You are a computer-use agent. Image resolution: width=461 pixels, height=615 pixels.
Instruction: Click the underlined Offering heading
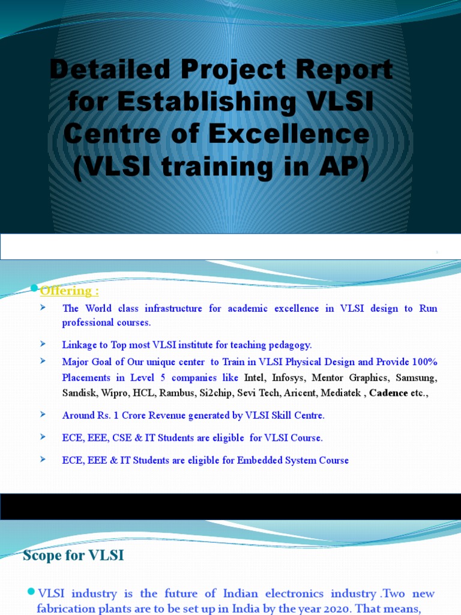(x=69, y=291)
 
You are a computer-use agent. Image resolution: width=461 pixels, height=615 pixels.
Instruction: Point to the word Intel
(x=253, y=378)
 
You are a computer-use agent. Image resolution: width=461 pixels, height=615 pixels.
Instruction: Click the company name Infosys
(x=288, y=378)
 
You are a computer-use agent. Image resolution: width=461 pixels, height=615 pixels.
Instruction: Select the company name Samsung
(x=416, y=378)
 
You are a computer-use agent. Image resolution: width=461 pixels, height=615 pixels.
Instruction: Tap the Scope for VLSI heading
(x=73, y=556)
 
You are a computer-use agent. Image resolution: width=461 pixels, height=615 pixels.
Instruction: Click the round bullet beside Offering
(x=34, y=289)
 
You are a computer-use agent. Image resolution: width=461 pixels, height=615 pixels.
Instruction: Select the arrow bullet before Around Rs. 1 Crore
(x=43, y=414)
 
